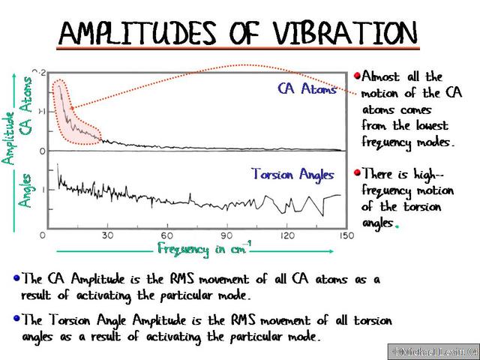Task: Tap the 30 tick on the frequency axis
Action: (x=107, y=235)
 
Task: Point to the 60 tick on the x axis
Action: (x=167, y=235)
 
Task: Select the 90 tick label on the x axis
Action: (x=227, y=235)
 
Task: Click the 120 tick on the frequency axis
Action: (x=286, y=235)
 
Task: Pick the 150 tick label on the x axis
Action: (x=345, y=235)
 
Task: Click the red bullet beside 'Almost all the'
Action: (x=357, y=76)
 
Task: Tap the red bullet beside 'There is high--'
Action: (x=357, y=172)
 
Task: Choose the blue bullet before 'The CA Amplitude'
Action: (x=16, y=278)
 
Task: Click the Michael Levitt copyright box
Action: (x=432, y=351)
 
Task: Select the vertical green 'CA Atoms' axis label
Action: (x=27, y=105)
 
